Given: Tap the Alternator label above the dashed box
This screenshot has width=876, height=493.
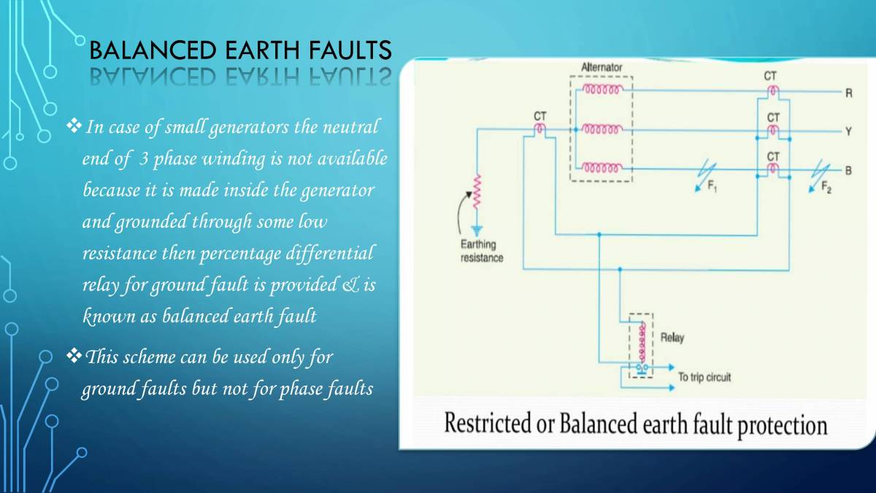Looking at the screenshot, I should coord(602,67).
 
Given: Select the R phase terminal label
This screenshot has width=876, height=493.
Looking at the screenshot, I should coord(849,93).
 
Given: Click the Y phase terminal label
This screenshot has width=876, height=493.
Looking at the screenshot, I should coord(849,131).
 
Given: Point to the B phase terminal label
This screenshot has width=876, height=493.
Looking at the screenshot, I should coord(849,170).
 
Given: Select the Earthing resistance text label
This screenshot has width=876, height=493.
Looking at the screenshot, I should coord(481,251).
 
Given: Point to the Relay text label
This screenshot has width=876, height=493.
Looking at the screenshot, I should coord(672,338).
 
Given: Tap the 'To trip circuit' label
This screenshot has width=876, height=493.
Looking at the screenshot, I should coord(704,377).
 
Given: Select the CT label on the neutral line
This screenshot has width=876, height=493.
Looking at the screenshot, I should coord(539,115).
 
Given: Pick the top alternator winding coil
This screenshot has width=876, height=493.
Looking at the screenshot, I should coord(602,90).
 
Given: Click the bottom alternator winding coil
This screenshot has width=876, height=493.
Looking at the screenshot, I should coord(602,167).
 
